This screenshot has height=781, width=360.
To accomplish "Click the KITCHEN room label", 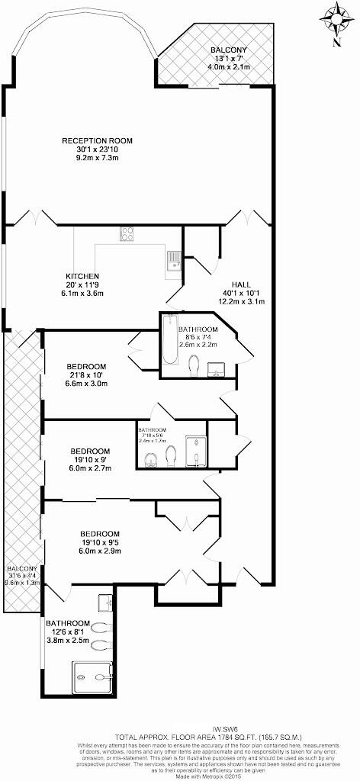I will [x=82, y=275].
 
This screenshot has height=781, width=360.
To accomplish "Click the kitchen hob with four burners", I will [x=127, y=235].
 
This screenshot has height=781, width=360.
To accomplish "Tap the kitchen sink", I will [x=173, y=260].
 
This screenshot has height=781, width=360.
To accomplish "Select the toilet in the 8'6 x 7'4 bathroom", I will [x=194, y=365].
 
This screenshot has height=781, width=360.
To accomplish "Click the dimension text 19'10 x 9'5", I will [x=100, y=542].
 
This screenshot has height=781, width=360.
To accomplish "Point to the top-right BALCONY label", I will [x=229, y=50].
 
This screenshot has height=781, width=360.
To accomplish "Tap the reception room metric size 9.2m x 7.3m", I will [x=97, y=159].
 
